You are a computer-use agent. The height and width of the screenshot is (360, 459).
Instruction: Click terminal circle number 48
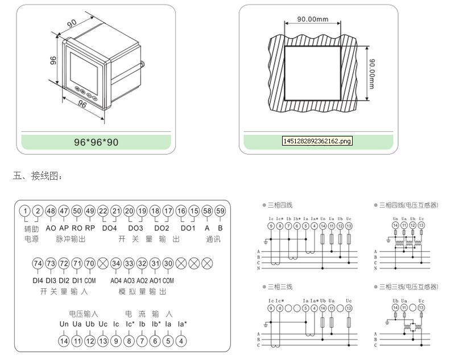(51, 212)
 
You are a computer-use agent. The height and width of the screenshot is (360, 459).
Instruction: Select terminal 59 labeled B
(220, 212)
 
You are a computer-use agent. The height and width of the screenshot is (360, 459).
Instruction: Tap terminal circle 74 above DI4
(38, 263)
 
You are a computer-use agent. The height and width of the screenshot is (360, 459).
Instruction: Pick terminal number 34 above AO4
(116, 263)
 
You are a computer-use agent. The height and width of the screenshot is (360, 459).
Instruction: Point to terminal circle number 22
(103, 212)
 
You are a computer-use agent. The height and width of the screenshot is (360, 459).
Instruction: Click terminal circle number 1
(24, 212)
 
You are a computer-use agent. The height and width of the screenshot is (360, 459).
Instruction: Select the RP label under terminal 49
(90, 227)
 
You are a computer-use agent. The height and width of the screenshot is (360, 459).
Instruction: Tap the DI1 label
(77, 280)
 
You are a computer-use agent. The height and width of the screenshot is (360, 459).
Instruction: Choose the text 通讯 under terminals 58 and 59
(213, 239)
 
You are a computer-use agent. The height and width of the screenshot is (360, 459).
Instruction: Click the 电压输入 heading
(84, 313)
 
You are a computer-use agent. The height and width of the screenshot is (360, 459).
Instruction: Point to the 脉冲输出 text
(71, 239)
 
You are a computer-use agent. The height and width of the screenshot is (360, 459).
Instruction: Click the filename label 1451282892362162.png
(317, 140)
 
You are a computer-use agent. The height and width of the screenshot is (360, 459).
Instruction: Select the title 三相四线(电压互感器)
(408, 205)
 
